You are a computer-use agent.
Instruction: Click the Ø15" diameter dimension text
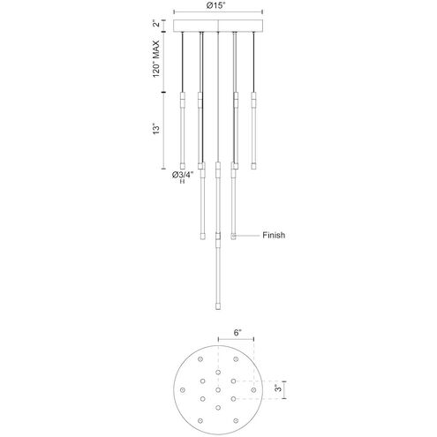click(217, 6)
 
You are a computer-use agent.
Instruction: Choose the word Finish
click(274, 236)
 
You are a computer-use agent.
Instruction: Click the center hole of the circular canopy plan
click(218, 388)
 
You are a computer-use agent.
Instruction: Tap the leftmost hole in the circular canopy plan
click(180, 388)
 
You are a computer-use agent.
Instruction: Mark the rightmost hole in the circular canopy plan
click(256, 388)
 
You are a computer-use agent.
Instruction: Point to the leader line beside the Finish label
click(249, 236)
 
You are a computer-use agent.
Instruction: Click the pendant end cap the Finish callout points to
click(234, 236)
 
